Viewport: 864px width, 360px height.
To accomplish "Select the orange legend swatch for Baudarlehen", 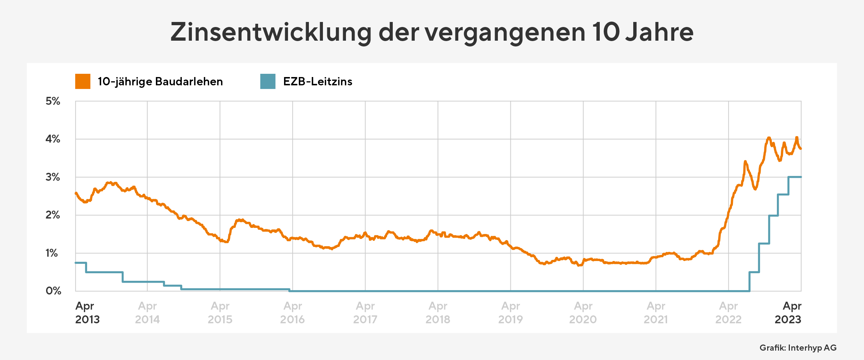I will click(x=83, y=81).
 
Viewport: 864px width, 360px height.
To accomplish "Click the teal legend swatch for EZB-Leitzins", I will click(x=268, y=81).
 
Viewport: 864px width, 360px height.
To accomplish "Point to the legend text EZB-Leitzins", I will click(x=318, y=82).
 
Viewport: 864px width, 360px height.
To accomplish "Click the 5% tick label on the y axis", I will click(x=53, y=101).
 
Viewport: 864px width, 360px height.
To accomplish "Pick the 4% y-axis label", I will click(x=53, y=139).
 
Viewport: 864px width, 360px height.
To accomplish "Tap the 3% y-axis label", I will click(x=53, y=177).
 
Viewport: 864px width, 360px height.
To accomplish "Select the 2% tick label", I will click(x=53, y=215).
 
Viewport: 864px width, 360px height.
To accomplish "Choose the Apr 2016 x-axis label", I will click(x=292, y=312).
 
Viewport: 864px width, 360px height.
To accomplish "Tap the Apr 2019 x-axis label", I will click(x=510, y=312).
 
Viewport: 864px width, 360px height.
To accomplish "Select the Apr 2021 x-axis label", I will click(x=656, y=312).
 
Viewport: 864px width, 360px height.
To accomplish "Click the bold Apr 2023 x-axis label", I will click(x=788, y=312).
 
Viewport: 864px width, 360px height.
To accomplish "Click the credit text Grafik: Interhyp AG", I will click(x=798, y=348).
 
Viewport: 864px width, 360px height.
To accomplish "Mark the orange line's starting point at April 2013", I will click(x=76, y=193).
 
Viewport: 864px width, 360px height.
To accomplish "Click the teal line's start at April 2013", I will click(x=76, y=263).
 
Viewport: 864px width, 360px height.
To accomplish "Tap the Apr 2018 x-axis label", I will click(x=438, y=312).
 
